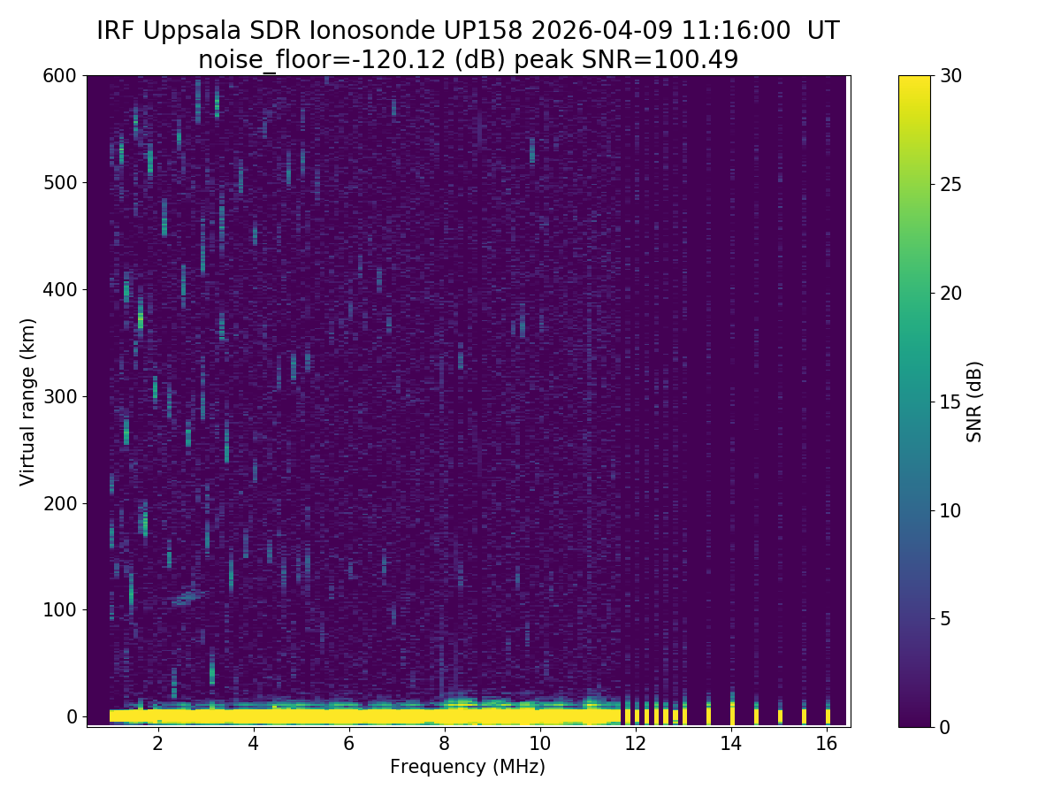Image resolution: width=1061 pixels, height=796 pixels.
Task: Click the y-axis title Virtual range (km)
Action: click(x=28, y=401)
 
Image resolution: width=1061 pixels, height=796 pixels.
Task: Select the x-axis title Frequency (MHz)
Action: click(x=468, y=767)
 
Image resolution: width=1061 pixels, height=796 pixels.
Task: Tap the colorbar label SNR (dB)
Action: click(x=974, y=401)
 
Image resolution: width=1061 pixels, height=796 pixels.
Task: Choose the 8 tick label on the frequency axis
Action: click(x=444, y=744)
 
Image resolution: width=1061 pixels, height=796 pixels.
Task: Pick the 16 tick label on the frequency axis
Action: click(x=826, y=744)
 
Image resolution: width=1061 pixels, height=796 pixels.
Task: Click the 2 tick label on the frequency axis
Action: click(x=157, y=744)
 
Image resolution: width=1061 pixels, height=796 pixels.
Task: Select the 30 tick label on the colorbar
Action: click(x=952, y=76)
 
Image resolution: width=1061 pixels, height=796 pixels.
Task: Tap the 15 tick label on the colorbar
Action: click(x=952, y=402)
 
